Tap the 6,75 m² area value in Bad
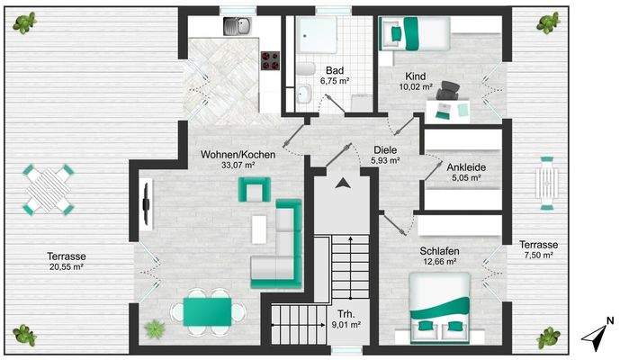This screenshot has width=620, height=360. (335, 80)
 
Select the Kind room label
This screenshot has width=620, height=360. (416, 77)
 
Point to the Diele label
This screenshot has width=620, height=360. (385, 150)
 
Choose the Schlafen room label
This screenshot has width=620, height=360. (439, 252)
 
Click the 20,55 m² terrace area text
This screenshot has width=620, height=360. (66, 267)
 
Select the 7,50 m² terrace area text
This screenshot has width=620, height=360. (539, 256)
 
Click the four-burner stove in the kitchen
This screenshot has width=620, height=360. (270, 60)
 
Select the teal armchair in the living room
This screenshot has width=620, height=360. (254, 189)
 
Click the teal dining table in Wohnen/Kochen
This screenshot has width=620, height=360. (208, 311)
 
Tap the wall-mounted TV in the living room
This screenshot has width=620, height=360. (145, 204)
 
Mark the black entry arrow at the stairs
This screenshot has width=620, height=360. (343, 184)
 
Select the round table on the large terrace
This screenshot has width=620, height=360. (49, 188)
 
